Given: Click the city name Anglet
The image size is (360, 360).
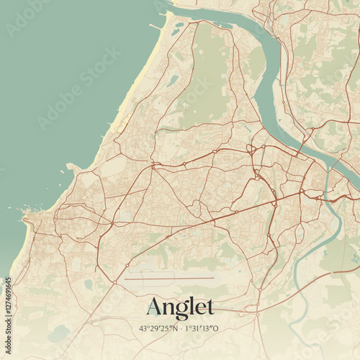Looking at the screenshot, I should click(180, 307).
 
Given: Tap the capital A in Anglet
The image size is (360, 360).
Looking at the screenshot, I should click(155, 307).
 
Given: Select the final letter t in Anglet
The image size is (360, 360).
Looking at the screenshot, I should click(210, 308).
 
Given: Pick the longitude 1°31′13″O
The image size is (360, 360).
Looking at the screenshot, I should click(201, 328).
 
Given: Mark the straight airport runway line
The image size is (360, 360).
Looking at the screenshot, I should click(169, 279).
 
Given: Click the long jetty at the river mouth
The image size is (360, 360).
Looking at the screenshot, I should click(156, 27).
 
